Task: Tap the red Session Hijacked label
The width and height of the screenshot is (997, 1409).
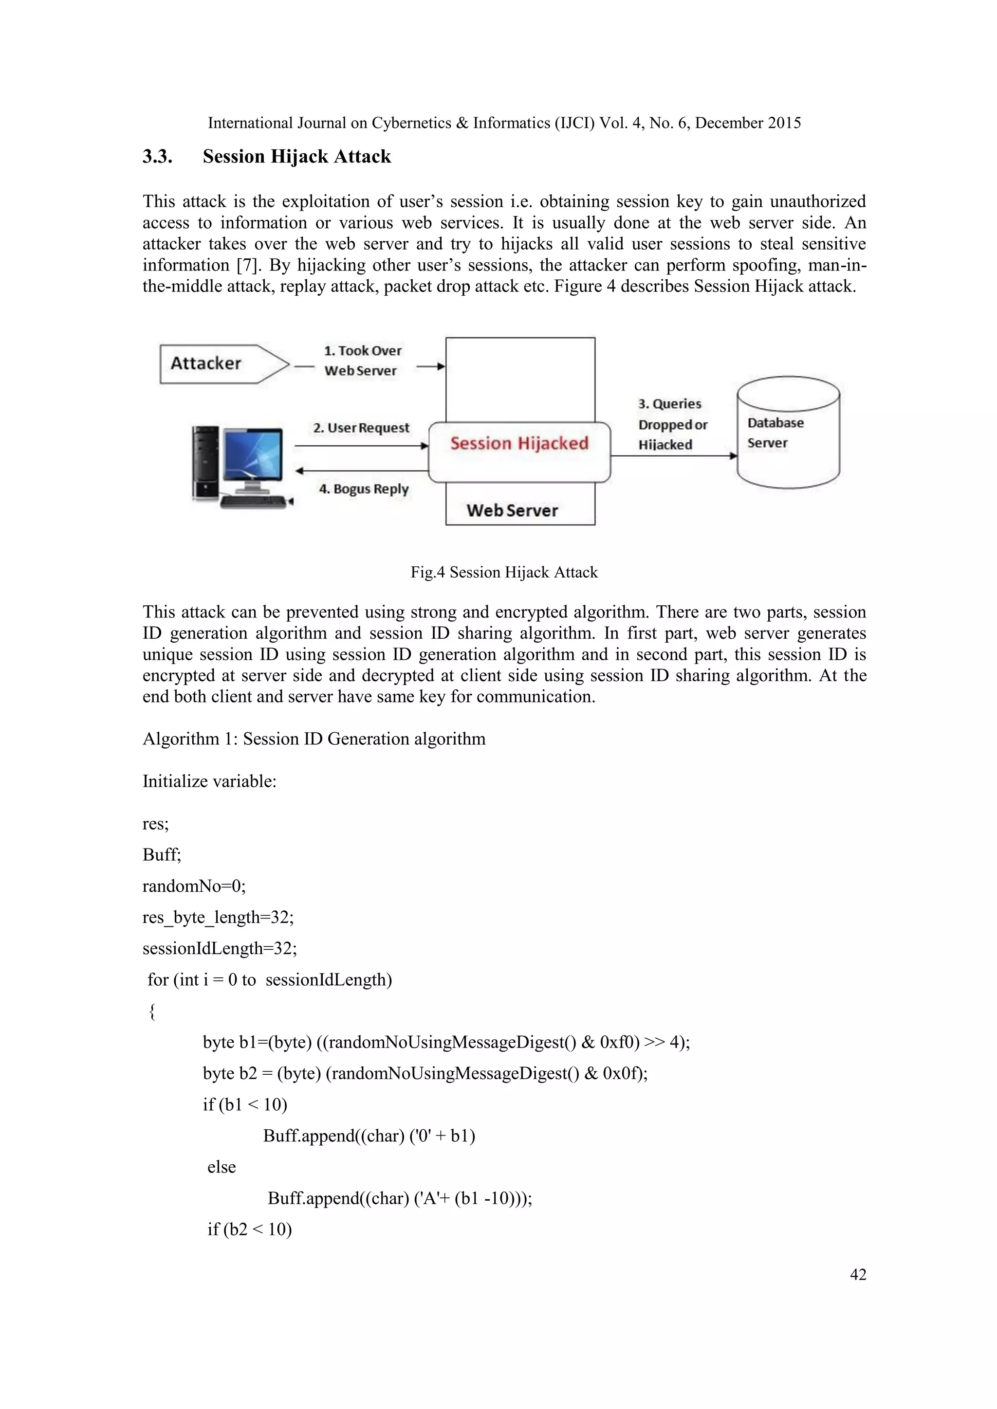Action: [x=519, y=444]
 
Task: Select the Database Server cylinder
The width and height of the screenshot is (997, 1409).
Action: [x=788, y=433]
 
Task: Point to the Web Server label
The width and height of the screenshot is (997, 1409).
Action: [x=512, y=510]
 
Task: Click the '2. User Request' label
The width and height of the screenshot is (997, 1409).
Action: [x=361, y=428]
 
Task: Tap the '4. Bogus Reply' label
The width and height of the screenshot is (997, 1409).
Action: [x=364, y=489]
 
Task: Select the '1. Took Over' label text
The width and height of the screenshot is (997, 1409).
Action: [x=362, y=350]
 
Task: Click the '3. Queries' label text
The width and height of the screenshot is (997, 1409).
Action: [x=669, y=404]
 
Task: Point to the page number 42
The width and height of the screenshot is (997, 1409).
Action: [x=858, y=1275]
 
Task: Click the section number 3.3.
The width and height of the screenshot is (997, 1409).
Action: [x=157, y=157]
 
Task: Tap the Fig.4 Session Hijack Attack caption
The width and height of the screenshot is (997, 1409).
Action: [x=503, y=572]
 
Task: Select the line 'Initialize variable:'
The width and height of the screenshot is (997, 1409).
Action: [x=209, y=781]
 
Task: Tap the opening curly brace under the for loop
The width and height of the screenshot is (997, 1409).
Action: [x=152, y=1012]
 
